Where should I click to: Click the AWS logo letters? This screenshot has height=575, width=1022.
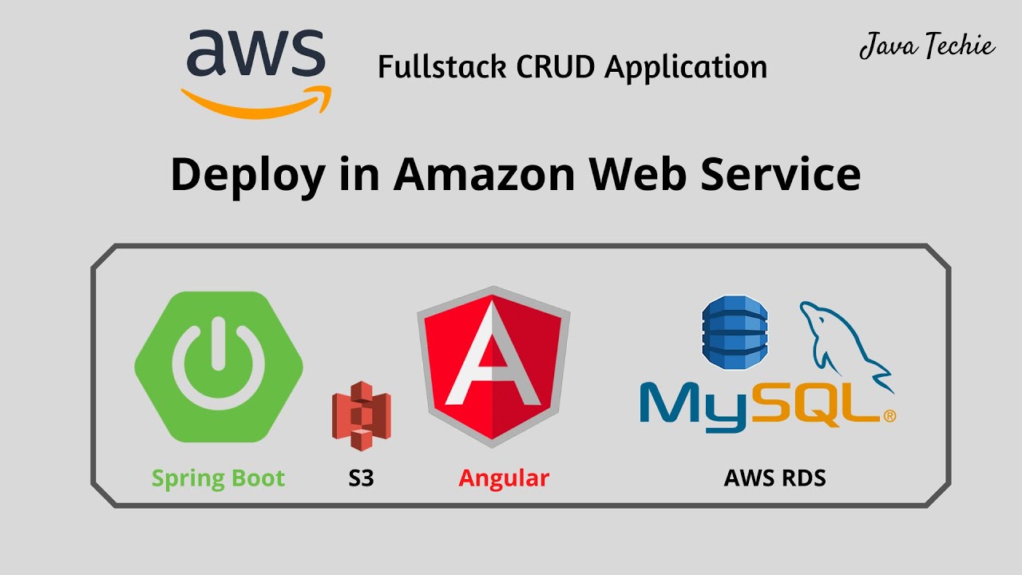(255, 54)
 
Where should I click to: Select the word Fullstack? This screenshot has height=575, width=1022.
(442, 67)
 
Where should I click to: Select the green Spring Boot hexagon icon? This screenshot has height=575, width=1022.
(219, 367)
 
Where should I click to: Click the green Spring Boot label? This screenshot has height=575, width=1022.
(218, 478)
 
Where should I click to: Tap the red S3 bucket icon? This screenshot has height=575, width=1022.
(361, 416)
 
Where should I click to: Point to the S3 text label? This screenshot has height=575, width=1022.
(361, 478)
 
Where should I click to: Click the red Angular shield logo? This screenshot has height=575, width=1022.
(493, 364)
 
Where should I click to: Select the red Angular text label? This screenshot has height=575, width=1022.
(504, 478)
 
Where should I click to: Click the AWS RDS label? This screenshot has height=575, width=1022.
(774, 478)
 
